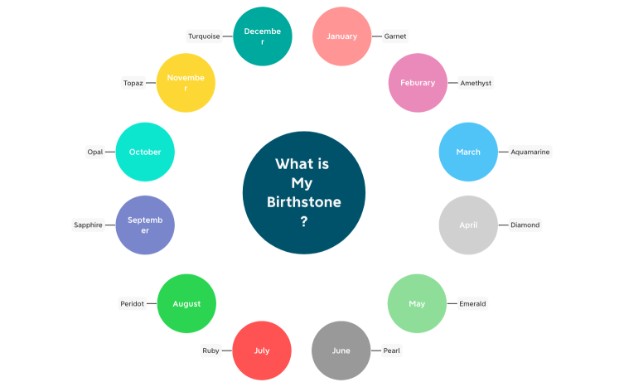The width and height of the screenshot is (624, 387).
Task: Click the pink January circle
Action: tap(341, 36)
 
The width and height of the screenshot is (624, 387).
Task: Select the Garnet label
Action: tap(395, 36)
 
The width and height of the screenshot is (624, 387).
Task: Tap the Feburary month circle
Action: tap(418, 83)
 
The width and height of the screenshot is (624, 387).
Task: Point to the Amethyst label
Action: tap(476, 83)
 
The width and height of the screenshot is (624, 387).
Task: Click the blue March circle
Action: tap(467, 152)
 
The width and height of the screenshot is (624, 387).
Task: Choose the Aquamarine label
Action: tap(530, 152)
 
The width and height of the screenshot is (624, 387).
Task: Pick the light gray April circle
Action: tap(468, 225)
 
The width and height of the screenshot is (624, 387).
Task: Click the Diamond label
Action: tap(525, 225)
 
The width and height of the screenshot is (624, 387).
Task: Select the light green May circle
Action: tap(417, 303)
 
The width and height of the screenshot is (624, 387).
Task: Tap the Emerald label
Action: tap(472, 303)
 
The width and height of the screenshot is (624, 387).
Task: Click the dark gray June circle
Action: tap(341, 351)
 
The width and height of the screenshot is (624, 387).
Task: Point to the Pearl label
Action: tap(391, 351)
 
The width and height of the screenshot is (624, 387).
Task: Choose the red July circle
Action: tap(262, 351)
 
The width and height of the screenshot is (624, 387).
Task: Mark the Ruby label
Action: tap(211, 351)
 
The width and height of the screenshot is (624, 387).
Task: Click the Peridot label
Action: tap(133, 303)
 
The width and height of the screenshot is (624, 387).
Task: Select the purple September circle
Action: tap(145, 225)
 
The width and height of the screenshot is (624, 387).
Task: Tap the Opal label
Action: tap(95, 152)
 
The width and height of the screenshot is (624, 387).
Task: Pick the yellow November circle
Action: tap(186, 83)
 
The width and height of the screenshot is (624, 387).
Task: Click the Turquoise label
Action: tap(204, 36)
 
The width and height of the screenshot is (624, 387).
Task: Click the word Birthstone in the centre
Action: tap(303, 202)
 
